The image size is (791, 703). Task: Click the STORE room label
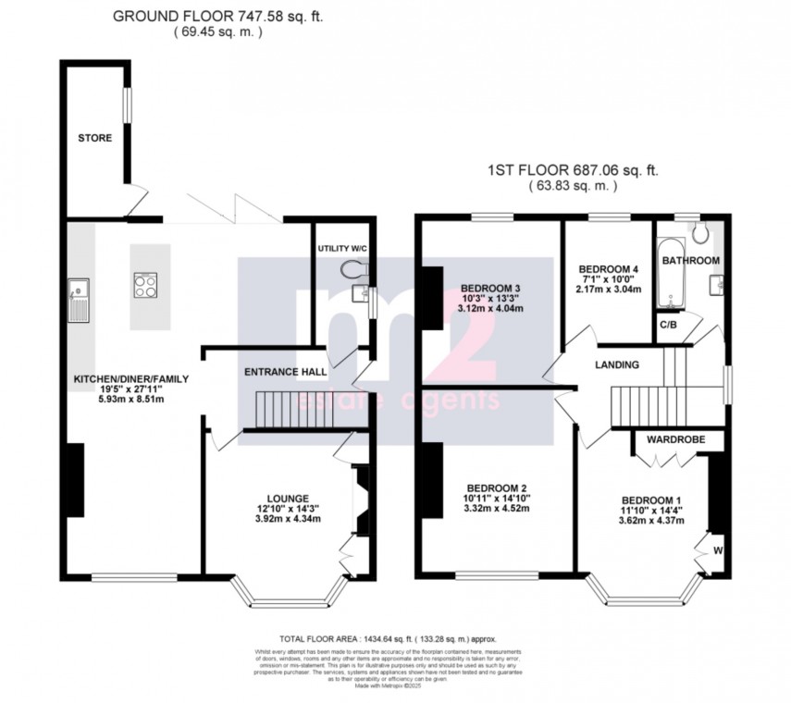[94, 138]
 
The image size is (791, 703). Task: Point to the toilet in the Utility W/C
[354, 268]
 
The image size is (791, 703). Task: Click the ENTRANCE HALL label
[285, 372]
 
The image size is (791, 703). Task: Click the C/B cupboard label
[666, 325]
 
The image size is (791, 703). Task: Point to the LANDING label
[617, 364]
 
